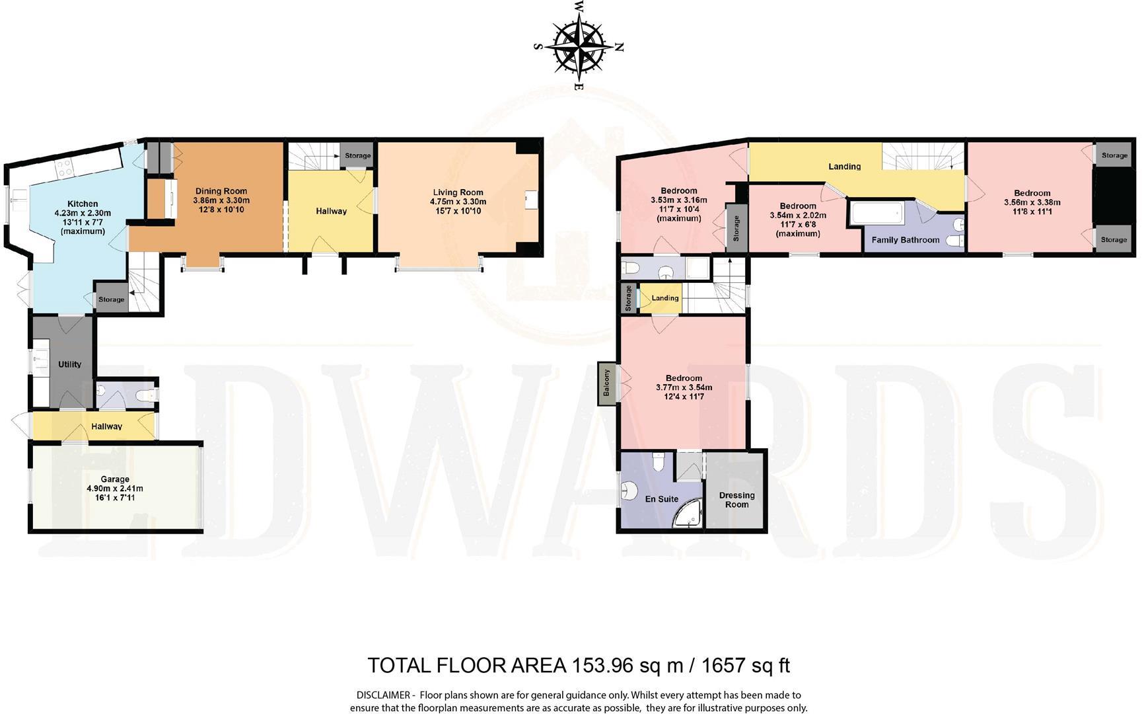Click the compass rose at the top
[579, 46]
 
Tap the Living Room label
[458, 192]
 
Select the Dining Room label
[221, 191]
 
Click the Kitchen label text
[83, 204]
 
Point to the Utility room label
[69, 364]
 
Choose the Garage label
[115, 479]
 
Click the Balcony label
[606, 383]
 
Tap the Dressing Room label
[736, 500]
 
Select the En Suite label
[661, 499]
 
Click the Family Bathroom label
[905, 240]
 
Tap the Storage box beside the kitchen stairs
[111, 299]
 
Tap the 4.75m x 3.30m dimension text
[458, 202]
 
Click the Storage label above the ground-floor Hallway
[357, 156]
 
